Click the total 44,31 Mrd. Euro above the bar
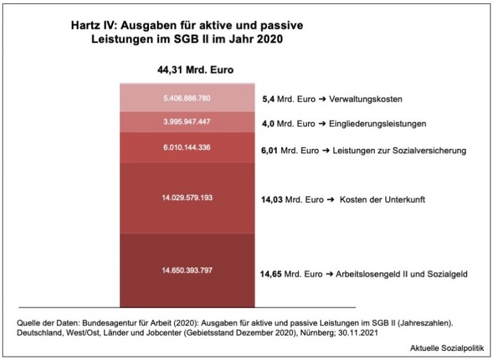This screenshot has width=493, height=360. tap(195, 70)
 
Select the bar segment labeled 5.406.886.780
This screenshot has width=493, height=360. tap(186, 98)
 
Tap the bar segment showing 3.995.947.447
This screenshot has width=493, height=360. tap(186, 121)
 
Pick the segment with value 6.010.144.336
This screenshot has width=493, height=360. tap(186, 147)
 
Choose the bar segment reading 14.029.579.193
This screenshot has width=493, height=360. tap(186, 198)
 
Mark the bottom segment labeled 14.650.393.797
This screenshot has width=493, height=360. tap(186, 270)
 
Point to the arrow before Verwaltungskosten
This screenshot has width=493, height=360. tap(322, 100)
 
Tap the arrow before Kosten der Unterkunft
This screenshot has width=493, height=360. tap(331, 200)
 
